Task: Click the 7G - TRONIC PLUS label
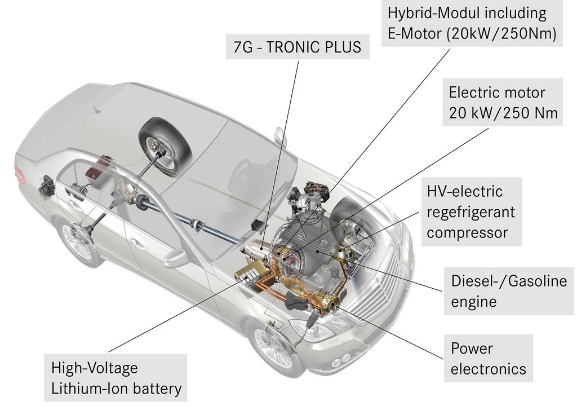(x=298, y=46)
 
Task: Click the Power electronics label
(x=488, y=358)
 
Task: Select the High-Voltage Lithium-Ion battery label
(x=116, y=378)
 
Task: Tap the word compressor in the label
(x=467, y=232)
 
